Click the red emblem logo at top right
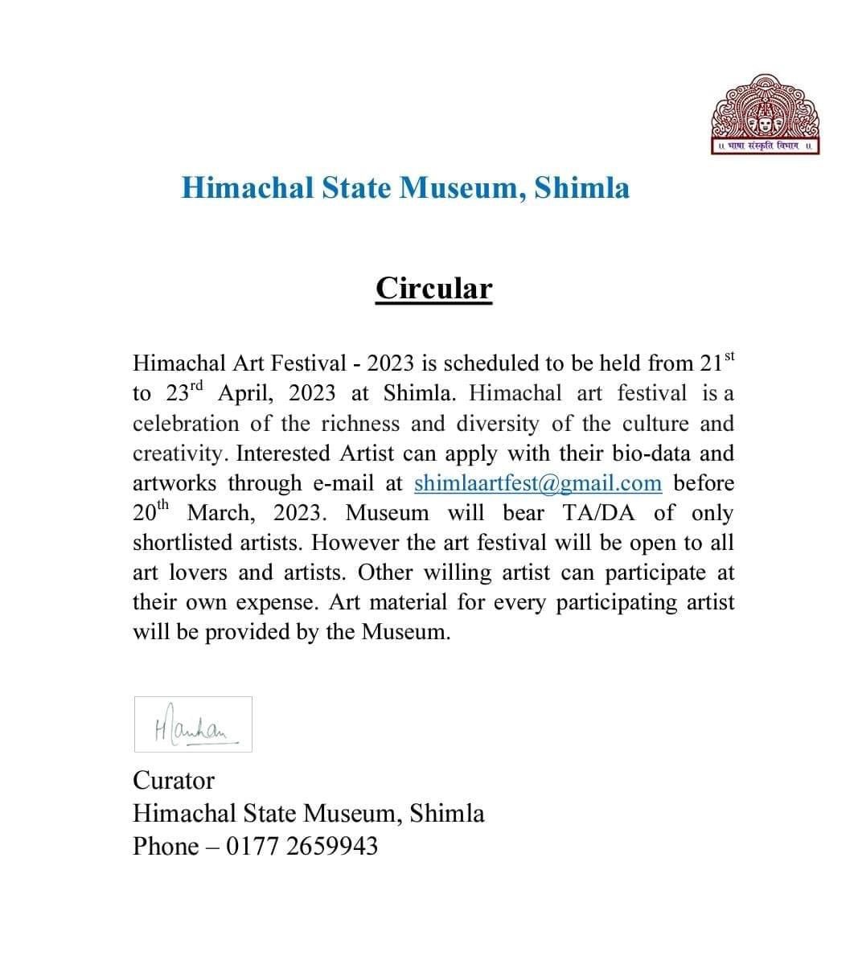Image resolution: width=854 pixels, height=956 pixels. [765, 115]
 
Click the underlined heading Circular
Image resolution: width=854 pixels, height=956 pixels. [433, 288]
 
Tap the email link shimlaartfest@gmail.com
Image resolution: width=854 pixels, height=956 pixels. [538, 483]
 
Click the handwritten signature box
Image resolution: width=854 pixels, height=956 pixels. [193, 724]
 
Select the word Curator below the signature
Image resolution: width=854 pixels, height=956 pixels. [174, 780]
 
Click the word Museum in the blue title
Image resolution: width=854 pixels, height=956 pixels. [462, 187]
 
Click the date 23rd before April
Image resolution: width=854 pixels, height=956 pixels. [186, 393]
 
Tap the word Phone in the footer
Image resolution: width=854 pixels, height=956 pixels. [165, 846]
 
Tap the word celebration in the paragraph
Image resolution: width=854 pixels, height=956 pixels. [186, 424]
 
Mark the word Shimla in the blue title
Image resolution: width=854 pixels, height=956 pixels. [581, 187]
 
